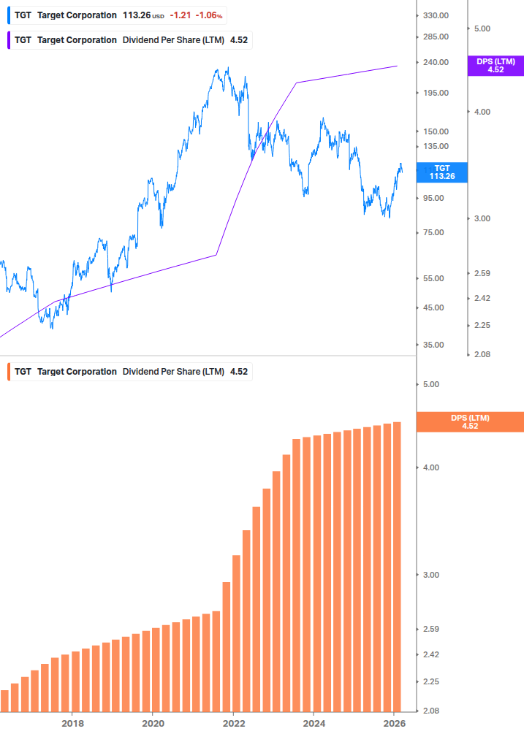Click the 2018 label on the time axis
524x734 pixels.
72,723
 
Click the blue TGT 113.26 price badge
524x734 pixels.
441,172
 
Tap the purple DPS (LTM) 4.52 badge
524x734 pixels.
495,66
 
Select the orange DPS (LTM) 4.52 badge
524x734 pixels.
469,422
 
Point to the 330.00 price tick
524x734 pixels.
435,15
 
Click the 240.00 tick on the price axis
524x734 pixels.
435,62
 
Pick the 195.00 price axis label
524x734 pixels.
435,93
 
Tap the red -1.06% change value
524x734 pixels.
209,15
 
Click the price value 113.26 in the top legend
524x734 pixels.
136,15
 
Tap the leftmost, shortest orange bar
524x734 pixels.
4,701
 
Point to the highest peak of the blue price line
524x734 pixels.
228,69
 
